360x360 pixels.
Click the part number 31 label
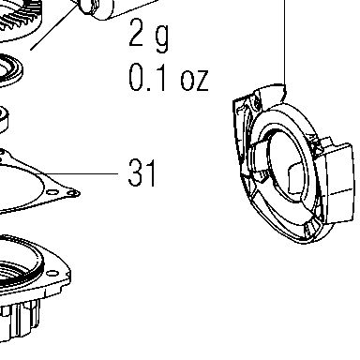[142, 172]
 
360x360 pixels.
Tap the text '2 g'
[149, 34]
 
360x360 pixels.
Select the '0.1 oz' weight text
[168, 77]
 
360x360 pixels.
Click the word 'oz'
[194, 80]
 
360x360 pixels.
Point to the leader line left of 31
[82, 173]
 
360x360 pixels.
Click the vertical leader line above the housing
[285, 42]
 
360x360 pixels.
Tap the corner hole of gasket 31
[73, 193]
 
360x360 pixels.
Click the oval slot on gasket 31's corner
[52, 192]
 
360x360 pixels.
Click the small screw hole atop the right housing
[257, 103]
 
